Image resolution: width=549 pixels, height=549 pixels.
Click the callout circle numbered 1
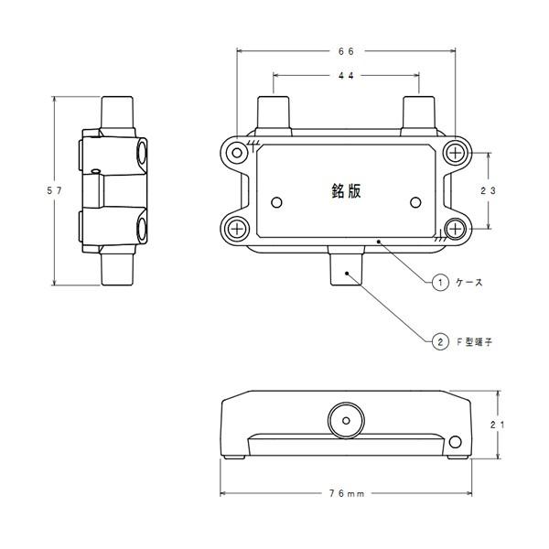click(x=440, y=284)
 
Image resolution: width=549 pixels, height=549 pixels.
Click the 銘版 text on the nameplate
click(x=345, y=190)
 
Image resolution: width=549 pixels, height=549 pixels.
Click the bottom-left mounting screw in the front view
click(x=237, y=227)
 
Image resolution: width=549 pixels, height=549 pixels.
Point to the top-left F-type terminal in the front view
click(x=274, y=114)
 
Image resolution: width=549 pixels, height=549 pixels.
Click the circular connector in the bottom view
click(x=345, y=420)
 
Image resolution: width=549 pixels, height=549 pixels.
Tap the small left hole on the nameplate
click(x=278, y=200)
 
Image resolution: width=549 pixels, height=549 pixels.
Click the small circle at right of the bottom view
click(x=455, y=444)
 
